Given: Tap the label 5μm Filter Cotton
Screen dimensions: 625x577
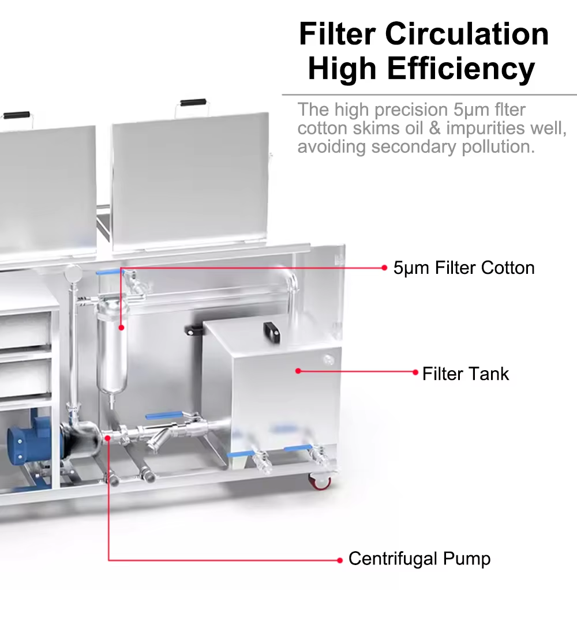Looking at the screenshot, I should click(464, 268).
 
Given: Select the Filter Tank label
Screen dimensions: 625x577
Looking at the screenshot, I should click(466, 374).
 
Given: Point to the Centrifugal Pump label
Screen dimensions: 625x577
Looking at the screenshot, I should click(419, 559).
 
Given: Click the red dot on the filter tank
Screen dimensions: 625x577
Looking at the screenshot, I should click(298, 371).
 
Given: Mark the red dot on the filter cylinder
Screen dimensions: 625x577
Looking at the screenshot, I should click(121, 327).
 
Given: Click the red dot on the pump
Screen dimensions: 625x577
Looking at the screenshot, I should click(108, 438).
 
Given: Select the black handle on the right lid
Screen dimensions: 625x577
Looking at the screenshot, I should click(193, 103).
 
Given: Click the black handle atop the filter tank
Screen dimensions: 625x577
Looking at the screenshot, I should click(271, 330).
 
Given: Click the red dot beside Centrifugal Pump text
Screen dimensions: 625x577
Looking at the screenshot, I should click(340, 559).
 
